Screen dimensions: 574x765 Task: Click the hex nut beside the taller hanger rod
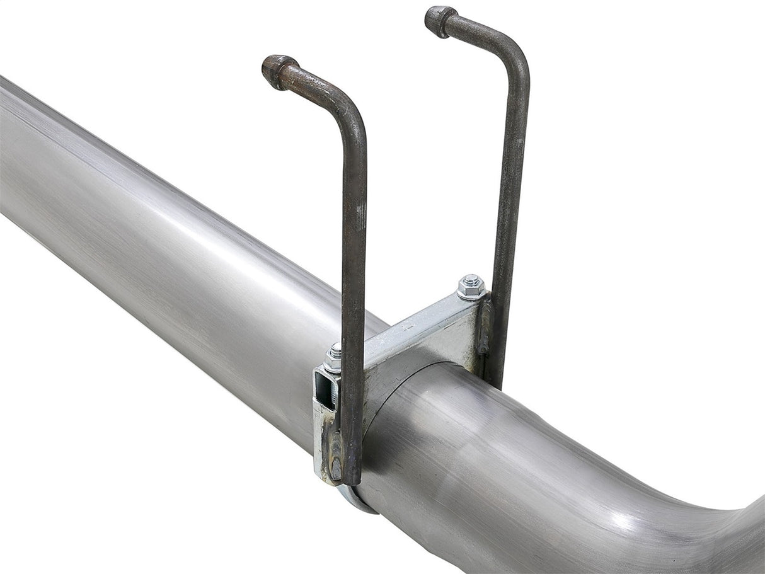click(471, 289)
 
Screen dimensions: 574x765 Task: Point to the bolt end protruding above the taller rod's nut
click(471, 279)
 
